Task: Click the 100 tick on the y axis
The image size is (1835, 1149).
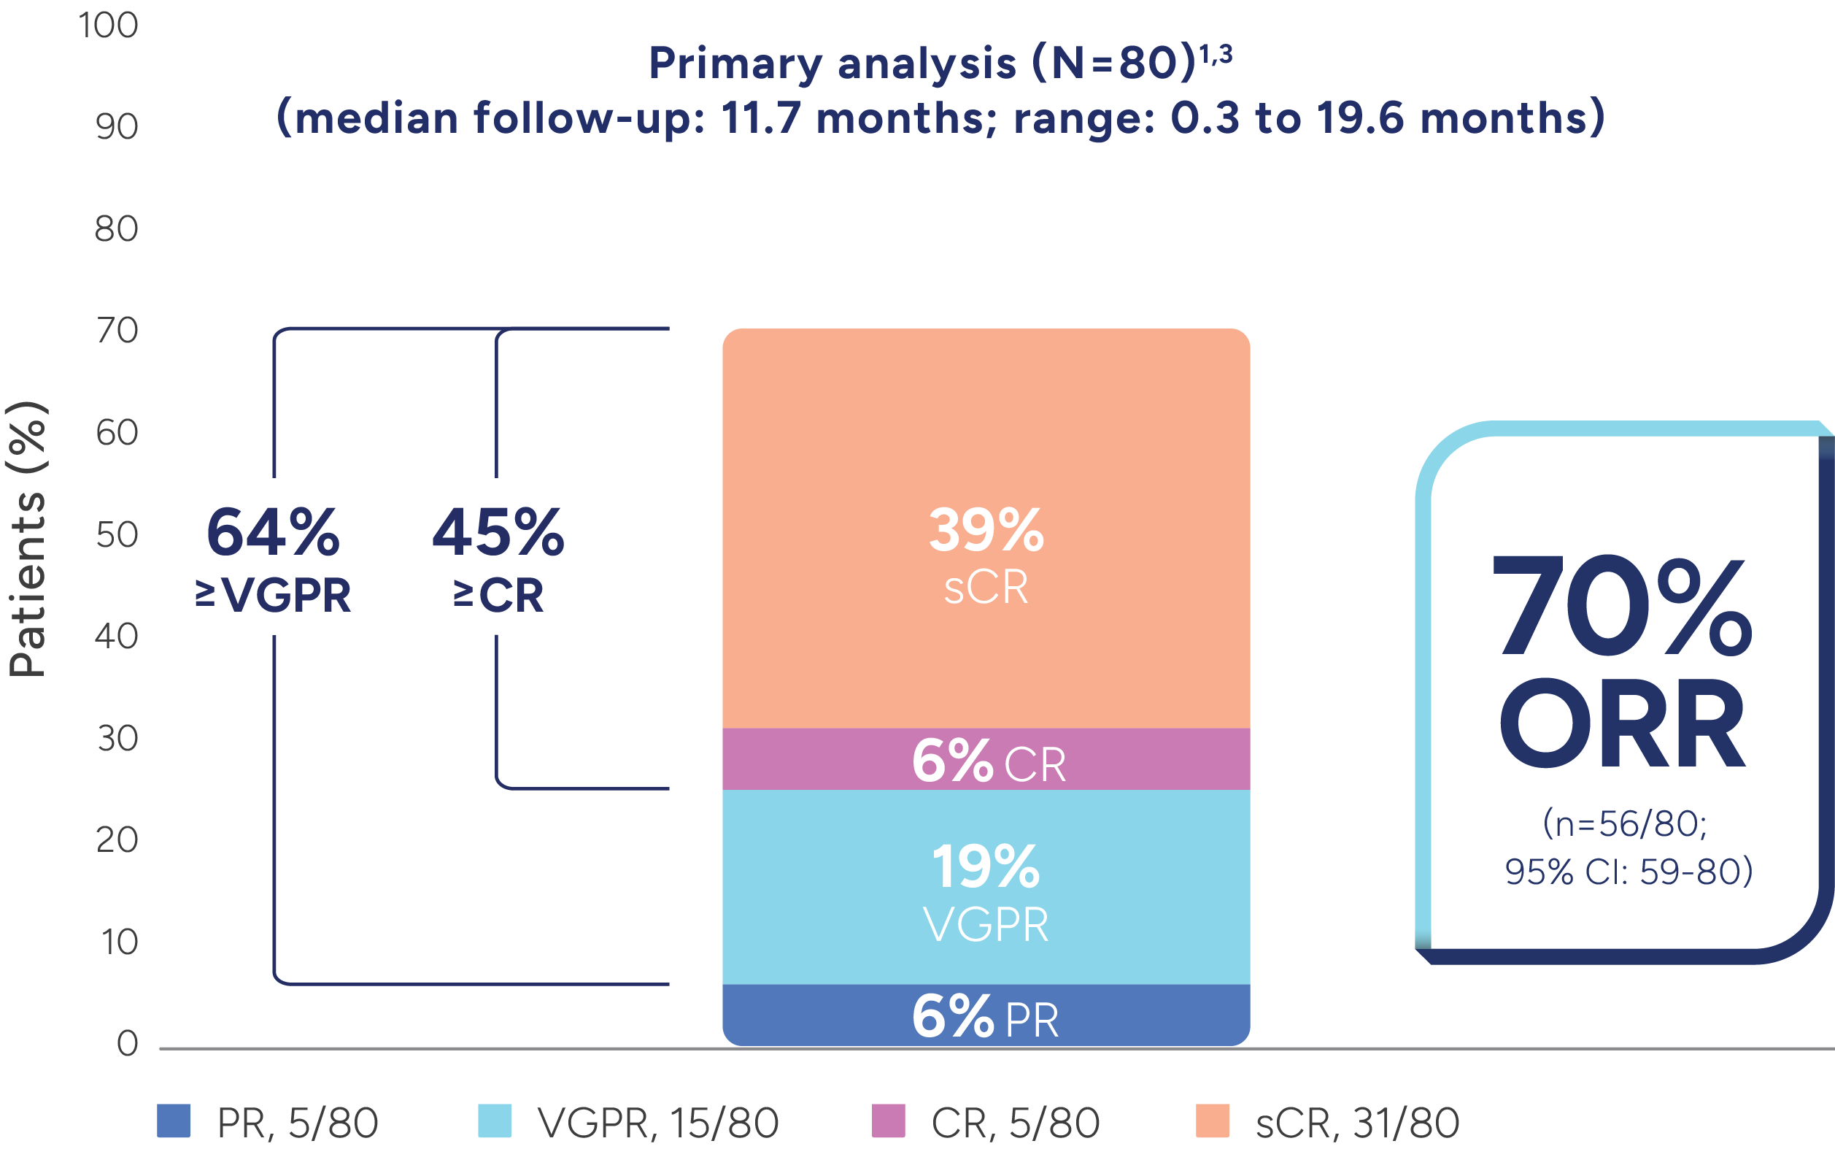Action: click(109, 26)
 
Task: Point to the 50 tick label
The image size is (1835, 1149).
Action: click(117, 535)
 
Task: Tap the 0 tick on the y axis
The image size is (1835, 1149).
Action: click(128, 1044)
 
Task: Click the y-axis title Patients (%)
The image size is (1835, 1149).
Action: click(27, 538)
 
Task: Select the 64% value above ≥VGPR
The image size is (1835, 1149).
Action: click(273, 533)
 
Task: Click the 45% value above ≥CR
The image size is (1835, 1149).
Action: click(498, 533)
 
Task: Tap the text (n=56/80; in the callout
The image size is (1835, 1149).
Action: click(1626, 823)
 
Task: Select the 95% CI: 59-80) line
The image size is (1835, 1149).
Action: click(1629, 872)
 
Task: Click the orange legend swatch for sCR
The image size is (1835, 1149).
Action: click(1212, 1122)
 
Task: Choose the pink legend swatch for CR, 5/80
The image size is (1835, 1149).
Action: click(889, 1122)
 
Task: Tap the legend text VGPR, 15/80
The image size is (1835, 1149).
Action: click(657, 1123)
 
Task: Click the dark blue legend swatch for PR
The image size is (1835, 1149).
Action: click(173, 1122)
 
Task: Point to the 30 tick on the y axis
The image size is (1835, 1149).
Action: click(117, 739)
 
